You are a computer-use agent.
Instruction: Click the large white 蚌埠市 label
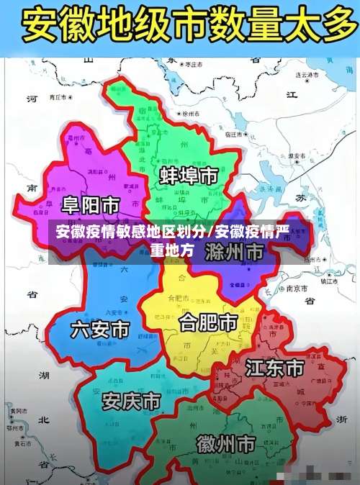tap(189, 176)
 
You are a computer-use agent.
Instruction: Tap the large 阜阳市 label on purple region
tap(90, 205)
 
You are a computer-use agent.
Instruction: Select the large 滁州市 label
tap(233, 251)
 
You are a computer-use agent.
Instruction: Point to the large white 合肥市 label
tap(208, 322)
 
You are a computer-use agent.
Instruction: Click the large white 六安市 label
tap(100, 330)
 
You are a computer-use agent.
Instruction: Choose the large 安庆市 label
tap(131, 401)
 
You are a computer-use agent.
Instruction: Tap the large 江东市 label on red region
tap(274, 369)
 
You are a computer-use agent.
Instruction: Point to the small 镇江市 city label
tap(329, 281)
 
